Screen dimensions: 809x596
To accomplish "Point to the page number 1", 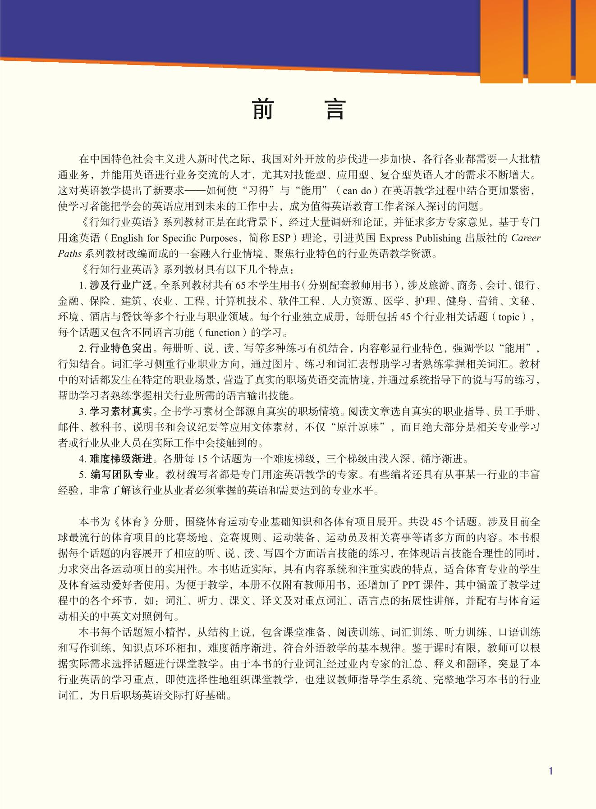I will click(550, 771).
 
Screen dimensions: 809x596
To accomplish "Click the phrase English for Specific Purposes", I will click(174, 238).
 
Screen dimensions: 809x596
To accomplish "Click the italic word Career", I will click(526, 238).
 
